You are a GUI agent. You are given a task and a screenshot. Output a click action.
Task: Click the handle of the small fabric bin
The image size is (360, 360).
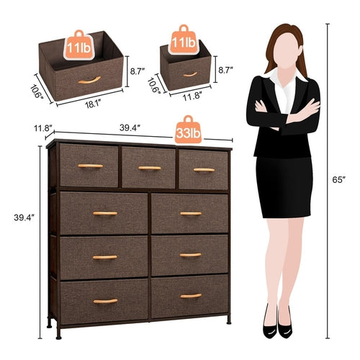190,73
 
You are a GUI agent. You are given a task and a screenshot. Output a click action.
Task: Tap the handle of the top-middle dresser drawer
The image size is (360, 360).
149,168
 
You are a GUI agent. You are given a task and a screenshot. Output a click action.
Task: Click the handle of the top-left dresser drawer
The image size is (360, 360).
90,166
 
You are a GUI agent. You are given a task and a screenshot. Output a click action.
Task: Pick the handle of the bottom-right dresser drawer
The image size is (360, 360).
191,295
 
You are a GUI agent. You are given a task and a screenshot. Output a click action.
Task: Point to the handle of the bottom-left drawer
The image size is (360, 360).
105,301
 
